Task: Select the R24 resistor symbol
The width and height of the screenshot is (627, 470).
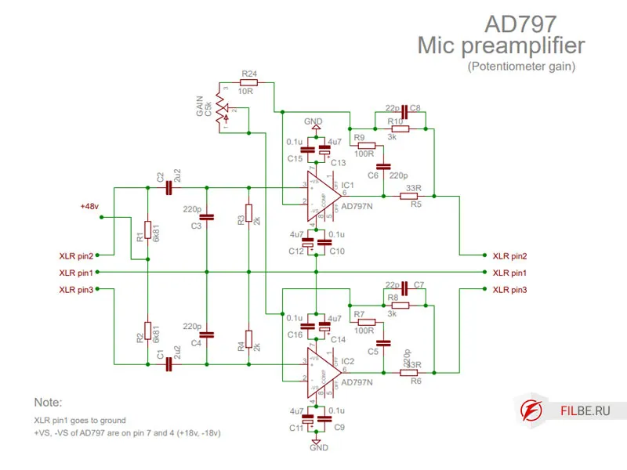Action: pos(248,81)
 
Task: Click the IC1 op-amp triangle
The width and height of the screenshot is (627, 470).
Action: pos(322,196)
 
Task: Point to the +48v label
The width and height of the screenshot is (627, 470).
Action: pos(89,206)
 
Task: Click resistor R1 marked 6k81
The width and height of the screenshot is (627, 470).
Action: pos(147,233)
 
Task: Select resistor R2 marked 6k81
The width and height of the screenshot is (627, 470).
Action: pos(147,331)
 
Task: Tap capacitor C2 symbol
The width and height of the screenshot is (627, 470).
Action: pos(167,187)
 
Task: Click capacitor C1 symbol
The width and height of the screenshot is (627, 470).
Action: pos(167,363)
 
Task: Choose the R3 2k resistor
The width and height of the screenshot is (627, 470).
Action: pos(248,213)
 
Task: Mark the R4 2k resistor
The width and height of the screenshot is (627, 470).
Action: pos(248,339)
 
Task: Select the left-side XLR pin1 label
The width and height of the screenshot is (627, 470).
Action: pos(76,273)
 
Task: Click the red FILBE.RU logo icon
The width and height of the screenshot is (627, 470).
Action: pos(534,409)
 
